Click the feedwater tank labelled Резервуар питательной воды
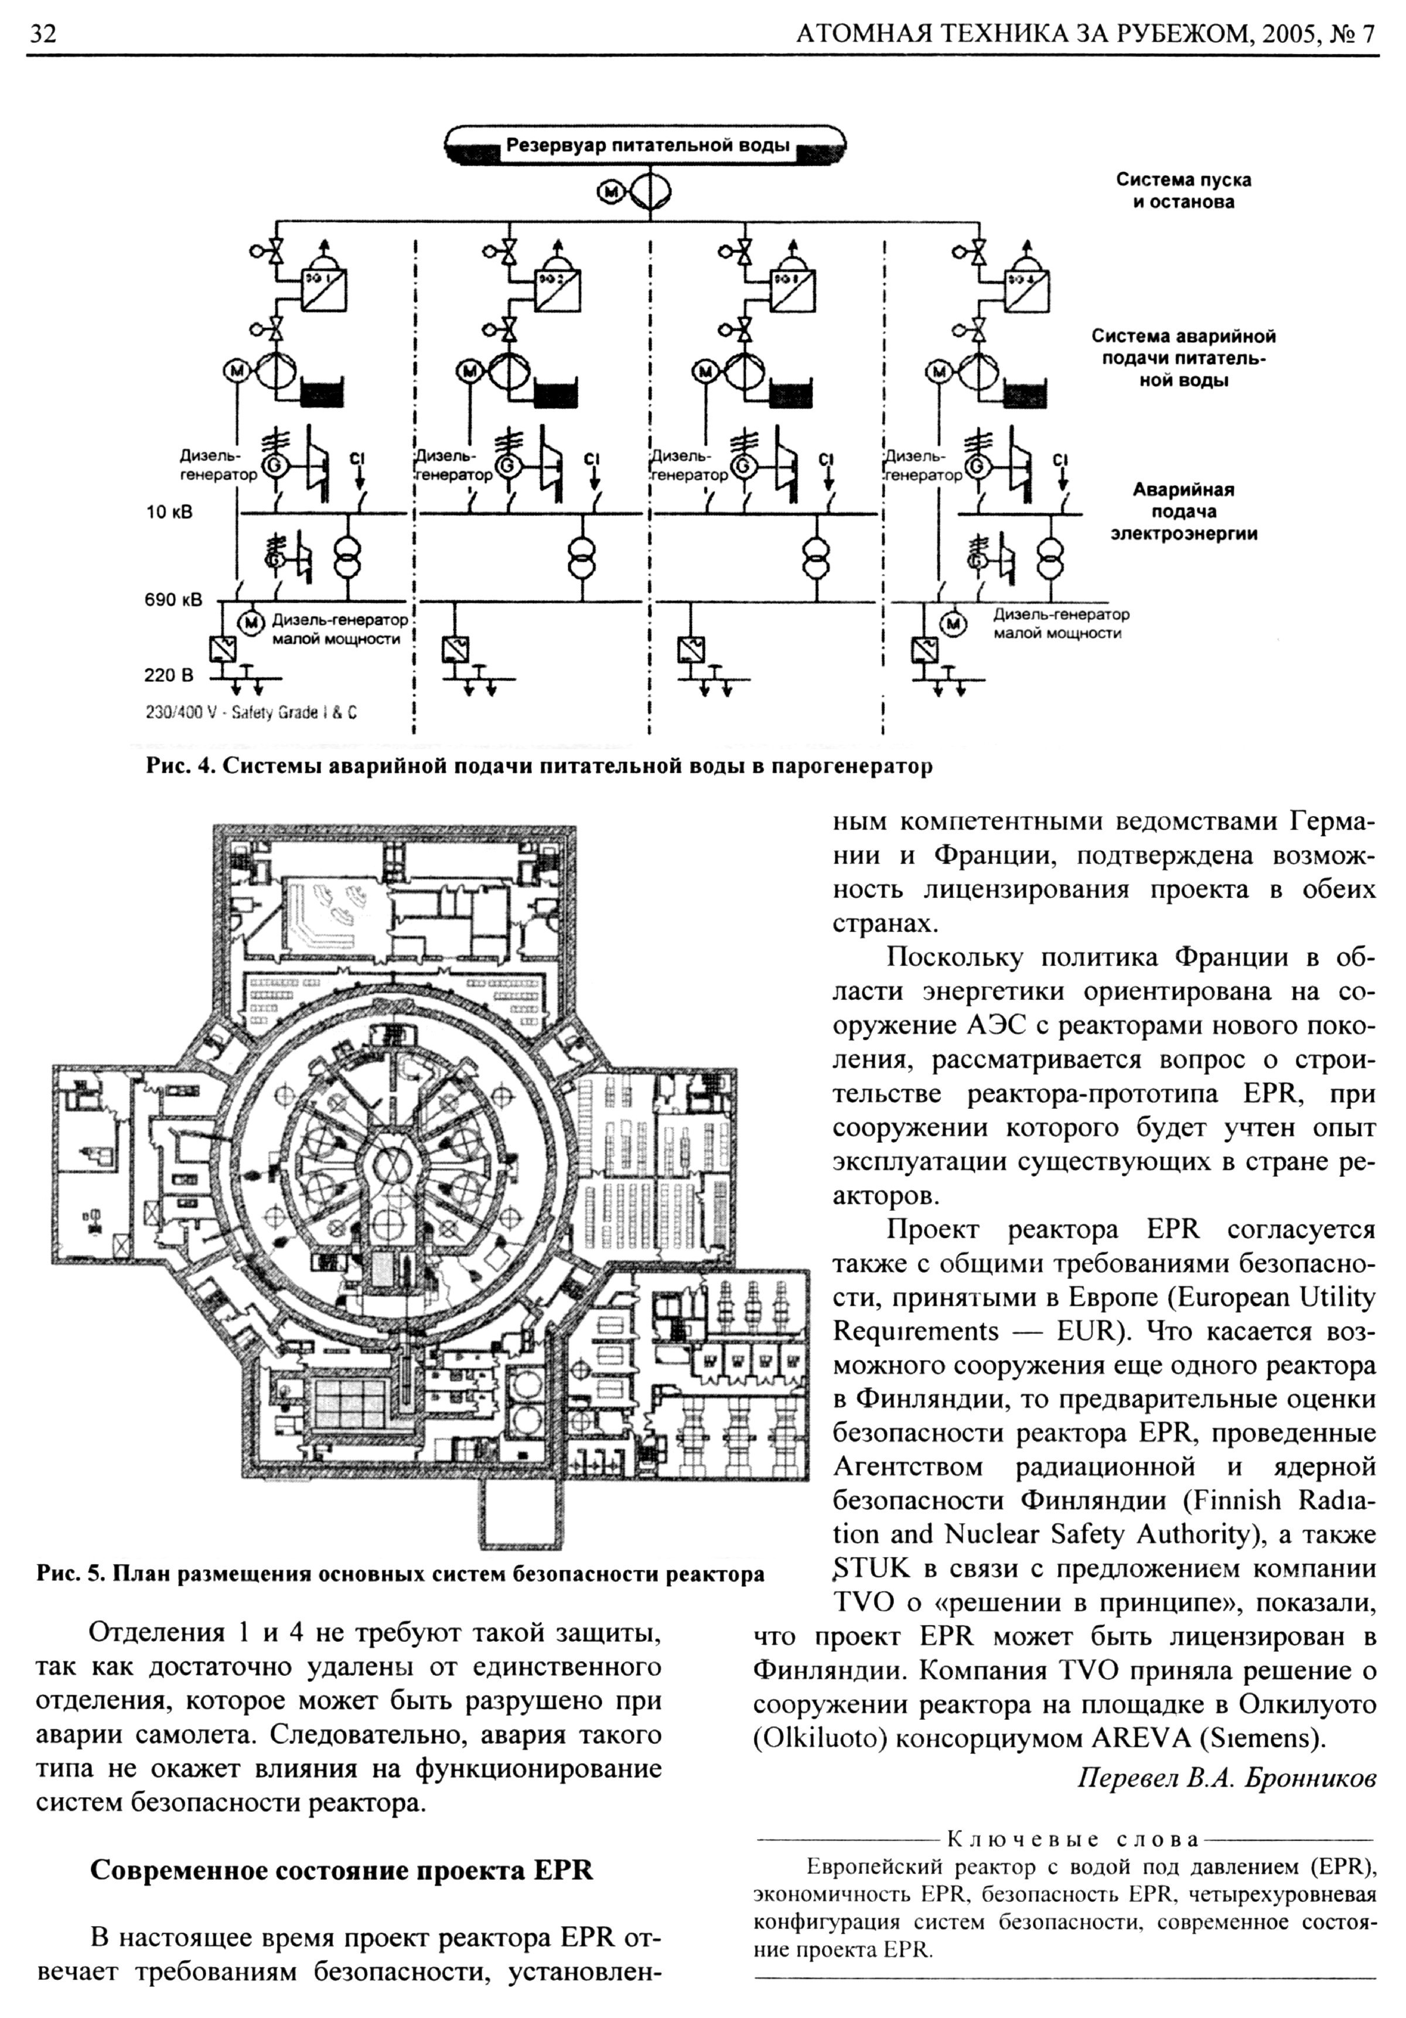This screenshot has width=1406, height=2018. coord(646,146)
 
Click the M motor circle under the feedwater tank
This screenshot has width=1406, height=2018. coord(609,191)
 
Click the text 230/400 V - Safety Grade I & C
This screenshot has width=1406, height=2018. coord(251,713)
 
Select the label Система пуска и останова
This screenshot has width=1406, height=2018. coord(1183,191)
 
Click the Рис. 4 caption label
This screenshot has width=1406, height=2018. coord(180,766)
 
